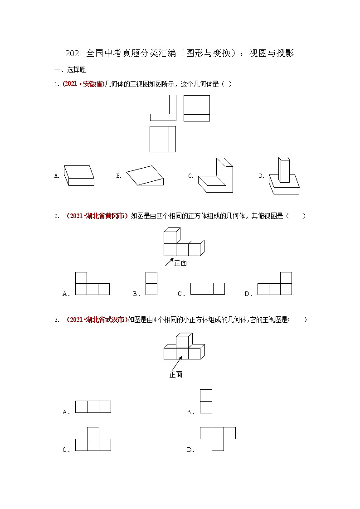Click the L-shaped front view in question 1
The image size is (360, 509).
(163, 109)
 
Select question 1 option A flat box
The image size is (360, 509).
(79, 175)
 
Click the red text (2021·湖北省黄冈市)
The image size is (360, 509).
(97, 216)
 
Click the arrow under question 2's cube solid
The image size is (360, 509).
(169, 262)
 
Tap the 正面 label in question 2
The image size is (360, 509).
(180, 263)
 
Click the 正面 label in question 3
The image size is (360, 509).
(176, 375)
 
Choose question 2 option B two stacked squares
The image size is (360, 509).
(151, 283)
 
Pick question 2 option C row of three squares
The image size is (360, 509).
(208, 289)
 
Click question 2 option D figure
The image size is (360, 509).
(275, 284)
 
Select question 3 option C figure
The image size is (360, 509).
(93, 439)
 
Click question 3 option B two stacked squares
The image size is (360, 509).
(206, 401)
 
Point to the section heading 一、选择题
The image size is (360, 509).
(70, 70)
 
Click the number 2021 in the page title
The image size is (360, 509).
(74, 53)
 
